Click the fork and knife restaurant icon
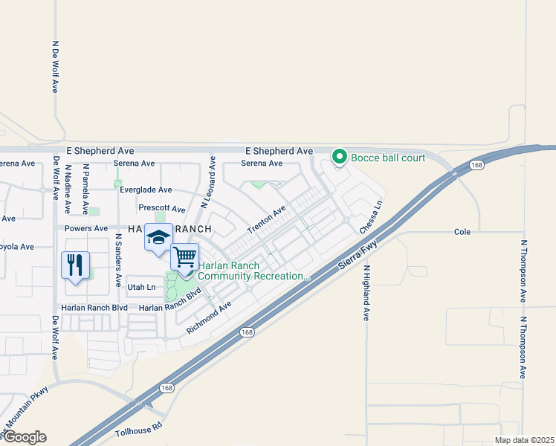pyautogui.click(x=75, y=265)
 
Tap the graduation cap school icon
pyautogui.click(x=158, y=238)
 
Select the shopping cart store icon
pyautogui.click(x=185, y=258)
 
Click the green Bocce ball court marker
pyautogui.click(x=340, y=157)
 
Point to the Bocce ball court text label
pyautogui.click(x=388, y=158)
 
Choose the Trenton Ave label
pyautogui.click(x=266, y=220)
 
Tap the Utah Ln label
pyautogui.click(x=141, y=287)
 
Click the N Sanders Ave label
pyautogui.click(x=118, y=261)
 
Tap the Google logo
pyautogui.click(x=24, y=437)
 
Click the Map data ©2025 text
pyautogui.click(x=523, y=440)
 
